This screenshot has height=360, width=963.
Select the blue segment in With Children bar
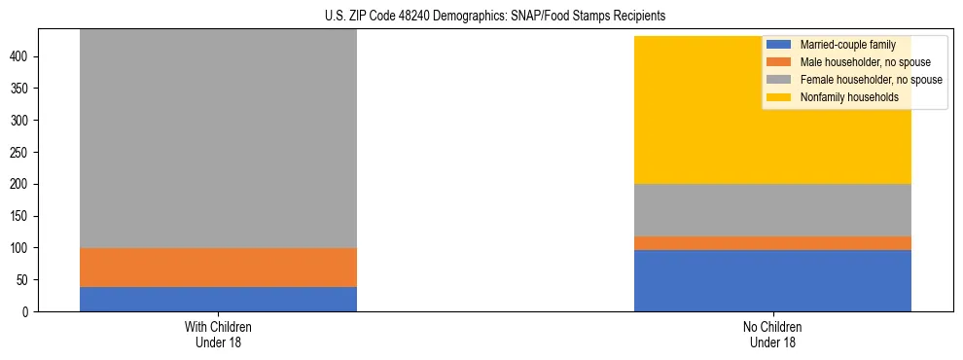(x=218, y=299)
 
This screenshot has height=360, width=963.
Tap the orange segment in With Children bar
(x=218, y=268)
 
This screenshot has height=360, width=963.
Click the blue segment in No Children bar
(x=772, y=280)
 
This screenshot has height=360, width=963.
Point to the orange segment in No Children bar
(x=772, y=243)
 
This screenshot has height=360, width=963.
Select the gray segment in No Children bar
(x=772, y=210)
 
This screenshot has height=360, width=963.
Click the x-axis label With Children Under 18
(x=218, y=334)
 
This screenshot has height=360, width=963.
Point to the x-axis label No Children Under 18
(x=772, y=334)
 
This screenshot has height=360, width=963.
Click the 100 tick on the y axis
(x=22, y=248)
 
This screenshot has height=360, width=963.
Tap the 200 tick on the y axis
(x=22, y=184)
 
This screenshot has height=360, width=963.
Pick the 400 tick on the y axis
(x=22, y=56)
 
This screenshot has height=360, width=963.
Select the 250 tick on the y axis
(x=22, y=153)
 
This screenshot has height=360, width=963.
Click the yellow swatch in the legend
(x=779, y=97)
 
